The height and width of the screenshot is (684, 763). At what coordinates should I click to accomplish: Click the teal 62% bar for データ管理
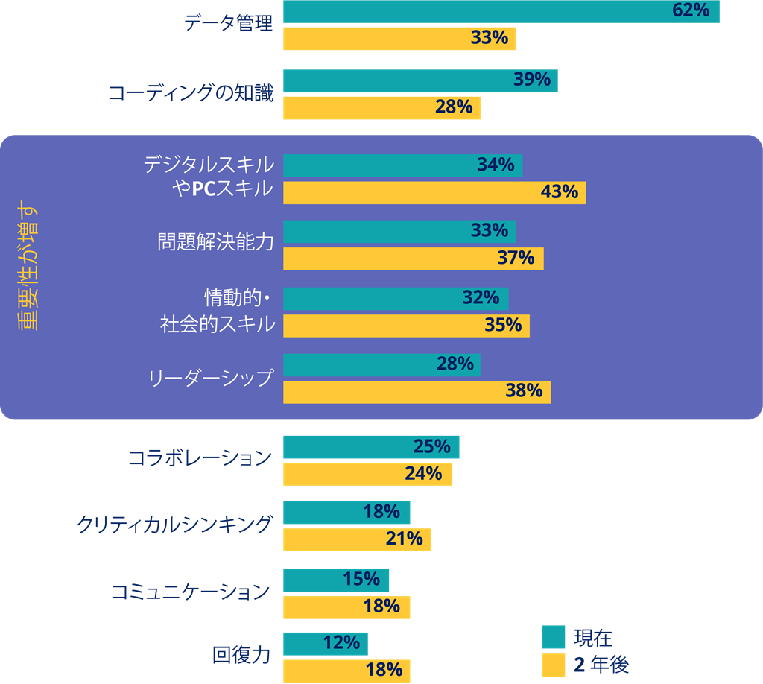coord(501,11)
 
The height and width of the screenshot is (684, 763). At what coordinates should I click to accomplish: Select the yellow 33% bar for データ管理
coord(399,38)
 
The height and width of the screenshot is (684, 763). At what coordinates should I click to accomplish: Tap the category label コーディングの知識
coord(191,93)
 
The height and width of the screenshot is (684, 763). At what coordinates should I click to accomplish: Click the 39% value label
coord(532,80)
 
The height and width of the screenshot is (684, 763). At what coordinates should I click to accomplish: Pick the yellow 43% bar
coord(434,192)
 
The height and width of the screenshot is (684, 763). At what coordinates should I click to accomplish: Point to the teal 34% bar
coord(402,165)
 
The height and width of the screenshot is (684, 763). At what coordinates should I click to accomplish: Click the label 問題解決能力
coord(215,243)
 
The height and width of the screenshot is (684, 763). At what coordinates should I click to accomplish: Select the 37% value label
coord(516,259)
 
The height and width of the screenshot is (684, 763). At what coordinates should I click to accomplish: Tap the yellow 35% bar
coord(406,326)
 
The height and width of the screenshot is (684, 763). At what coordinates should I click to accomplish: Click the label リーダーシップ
coord(211,378)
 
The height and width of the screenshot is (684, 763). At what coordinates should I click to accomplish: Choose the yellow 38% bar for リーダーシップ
coord(417,391)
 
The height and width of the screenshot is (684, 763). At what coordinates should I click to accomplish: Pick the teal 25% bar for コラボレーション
coord(371,447)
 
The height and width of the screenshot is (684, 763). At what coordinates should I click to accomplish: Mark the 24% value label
coord(424,474)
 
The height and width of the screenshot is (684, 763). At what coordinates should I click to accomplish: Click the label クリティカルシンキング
coord(174,524)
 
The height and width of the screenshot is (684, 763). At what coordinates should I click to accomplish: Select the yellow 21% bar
coord(357,539)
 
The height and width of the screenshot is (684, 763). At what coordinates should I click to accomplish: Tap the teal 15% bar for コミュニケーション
coord(336,580)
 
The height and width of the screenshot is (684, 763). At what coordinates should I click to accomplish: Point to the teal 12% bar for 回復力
coord(326,643)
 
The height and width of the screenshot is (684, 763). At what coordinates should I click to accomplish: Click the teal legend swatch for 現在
coord(554,638)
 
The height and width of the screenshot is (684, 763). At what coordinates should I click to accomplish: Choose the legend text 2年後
coord(601,665)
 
